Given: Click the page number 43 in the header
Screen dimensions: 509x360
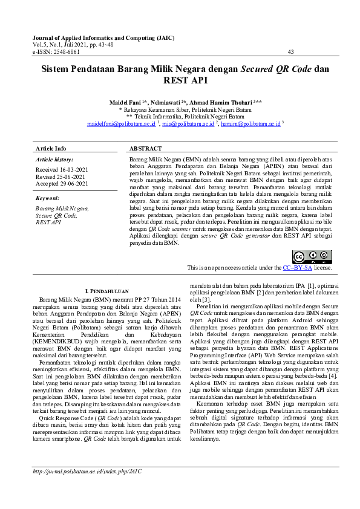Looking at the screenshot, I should point(291,52).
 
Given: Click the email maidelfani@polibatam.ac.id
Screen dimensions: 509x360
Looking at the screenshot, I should point(121,123).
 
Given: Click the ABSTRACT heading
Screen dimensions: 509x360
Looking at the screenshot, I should point(146,148).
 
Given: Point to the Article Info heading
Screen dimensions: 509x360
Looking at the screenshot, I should point(51,148).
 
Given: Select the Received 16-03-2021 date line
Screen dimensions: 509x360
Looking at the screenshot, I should point(62,170).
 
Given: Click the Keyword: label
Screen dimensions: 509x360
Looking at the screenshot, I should point(48,198).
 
